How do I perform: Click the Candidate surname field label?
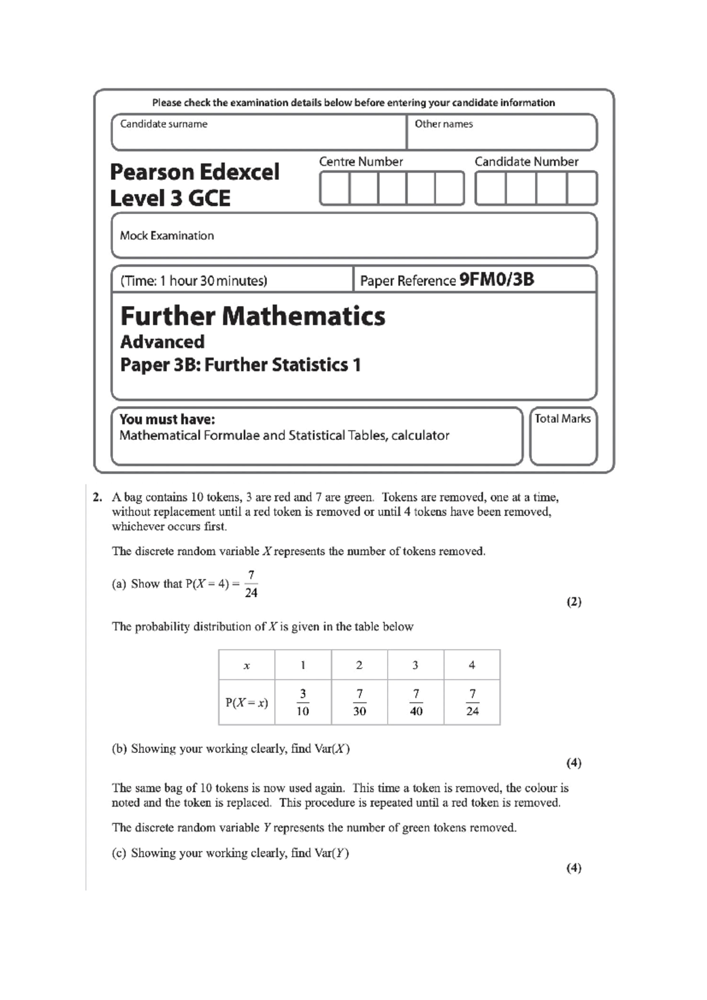pos(164,124)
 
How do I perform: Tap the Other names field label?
pos(444,124)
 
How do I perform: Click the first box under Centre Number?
pos(335,188)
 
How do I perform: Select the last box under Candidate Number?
pos(582,188)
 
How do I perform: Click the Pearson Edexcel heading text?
pos(194,172)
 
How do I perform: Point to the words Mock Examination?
pos(167,236)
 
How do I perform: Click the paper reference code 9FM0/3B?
pos(497,279)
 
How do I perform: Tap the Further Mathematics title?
pos(253,316)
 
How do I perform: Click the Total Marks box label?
pos(562,419)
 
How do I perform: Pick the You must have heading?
pos(167,419)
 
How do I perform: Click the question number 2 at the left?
pos(97,497)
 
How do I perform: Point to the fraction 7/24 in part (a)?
pos(251,584)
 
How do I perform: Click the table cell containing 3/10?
pos(303,702)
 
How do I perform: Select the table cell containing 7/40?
pos(416,702)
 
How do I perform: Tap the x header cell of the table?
pos(246,666)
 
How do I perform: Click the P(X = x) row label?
pos(246,703)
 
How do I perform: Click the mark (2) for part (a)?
pos(574,602)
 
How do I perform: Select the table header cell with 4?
pos(472,665)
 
